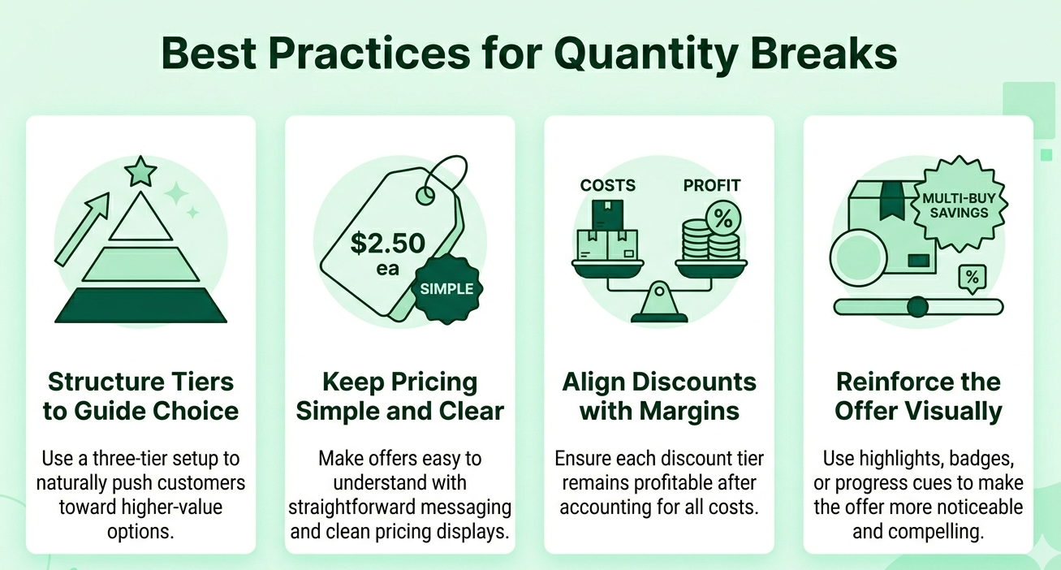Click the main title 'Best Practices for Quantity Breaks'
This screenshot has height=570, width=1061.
(529, 54)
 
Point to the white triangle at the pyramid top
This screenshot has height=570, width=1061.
(140, 219)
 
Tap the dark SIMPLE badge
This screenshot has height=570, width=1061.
(446, 289)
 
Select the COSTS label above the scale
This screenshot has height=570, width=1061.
(608, 186)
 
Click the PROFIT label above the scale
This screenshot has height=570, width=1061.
(712, 186)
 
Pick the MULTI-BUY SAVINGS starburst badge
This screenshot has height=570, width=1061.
(955, 205)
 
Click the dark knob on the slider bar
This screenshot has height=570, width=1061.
(917, 307)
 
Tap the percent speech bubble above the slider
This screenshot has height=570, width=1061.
(972, 279)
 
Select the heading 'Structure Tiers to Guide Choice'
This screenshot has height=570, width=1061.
(140, 396)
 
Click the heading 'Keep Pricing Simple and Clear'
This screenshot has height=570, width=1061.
(399, 396)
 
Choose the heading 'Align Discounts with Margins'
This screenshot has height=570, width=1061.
(659, 396)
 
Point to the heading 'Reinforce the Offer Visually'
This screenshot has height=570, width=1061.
(918, 396)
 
